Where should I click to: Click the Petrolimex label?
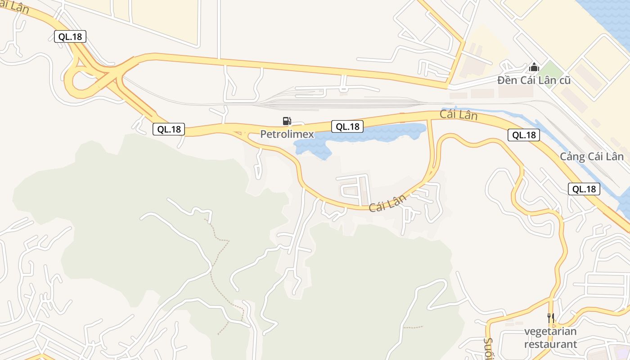[x=287, y=134]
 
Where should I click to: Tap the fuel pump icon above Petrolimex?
[x=287, y=121]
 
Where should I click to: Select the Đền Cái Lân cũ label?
[x=534, y=81]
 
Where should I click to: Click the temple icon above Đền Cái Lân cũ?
[x=534, y=67]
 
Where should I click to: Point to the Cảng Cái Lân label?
[x=592, y=157]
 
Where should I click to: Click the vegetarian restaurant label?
[x=550, y=338]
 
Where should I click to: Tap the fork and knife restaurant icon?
[x=550, y=318]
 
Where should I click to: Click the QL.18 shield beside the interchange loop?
[x=70, y=36]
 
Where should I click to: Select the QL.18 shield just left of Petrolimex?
[x=168, y=129]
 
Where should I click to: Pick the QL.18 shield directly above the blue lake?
[x=347, y=126]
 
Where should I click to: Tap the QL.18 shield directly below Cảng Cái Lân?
[x=584, y=189]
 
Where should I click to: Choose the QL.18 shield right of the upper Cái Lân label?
[x=524, y=135]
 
